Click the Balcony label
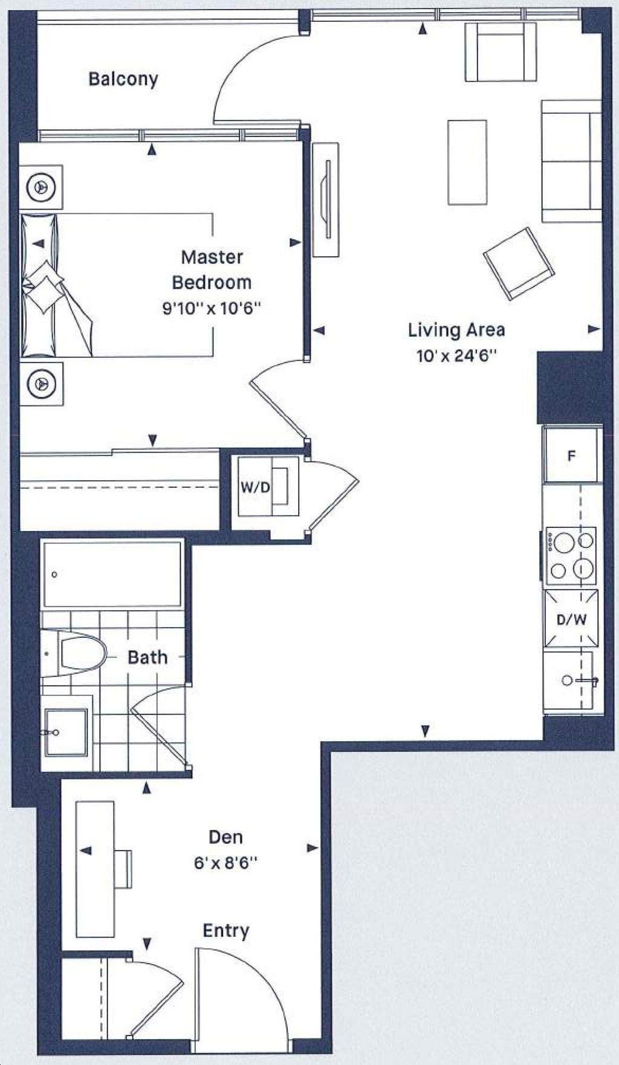pyautogui.click(x=123, y=79)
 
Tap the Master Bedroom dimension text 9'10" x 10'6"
pyautogui.click(x=212, y=308)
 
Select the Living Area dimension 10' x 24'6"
pyautogui.click(x=456, y=356)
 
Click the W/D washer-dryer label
pyautogui.click(x=255, y=487)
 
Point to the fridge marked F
pyautogui.click(x=571, y=455)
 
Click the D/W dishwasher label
pyautogui.click(x=571, y=619)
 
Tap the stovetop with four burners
pyautogui.click(x=571, y=556)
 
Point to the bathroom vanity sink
pyautogui.click(x=66, y=732)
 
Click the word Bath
pyautogui.click(x=147, y=657)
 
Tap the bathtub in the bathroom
pyautogui.click(x=111, y=574)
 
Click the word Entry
pyautogui.click(x=225, y=931)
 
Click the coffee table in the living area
pyautogui.click(x=467, y=162)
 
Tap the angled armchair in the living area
pyautogui.click(x=519, y=263)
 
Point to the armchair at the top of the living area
pyautogui.click(x=501, y=52)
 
